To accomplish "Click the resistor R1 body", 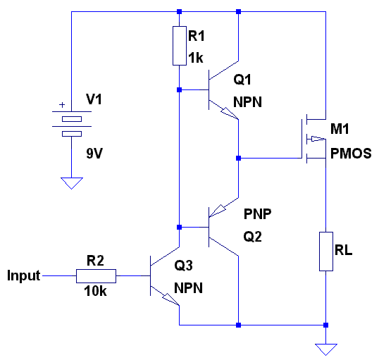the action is pos(180,46).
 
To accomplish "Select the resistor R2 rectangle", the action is pos(97,276).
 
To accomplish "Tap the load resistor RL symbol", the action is pos(326,252).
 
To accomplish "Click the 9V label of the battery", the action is pos(94,154).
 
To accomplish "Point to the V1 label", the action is pos(94,99).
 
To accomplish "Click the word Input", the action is pos(24,275).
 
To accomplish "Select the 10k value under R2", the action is pos(95,291).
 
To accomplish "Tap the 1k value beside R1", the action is pos(196,58).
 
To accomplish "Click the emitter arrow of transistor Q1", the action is pos(229,113).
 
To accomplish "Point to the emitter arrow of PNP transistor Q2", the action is pos(218,211).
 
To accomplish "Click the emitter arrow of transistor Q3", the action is pos(170,299).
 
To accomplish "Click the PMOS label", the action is pos(351,154).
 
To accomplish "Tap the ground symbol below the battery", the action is pos(72,183).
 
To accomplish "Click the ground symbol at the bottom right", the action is pos(326,349).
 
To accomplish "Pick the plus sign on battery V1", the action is pos(62,105).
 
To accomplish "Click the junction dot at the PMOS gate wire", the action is pos(239,159).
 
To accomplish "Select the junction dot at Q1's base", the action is pos(180,90).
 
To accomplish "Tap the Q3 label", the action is pos(183,266).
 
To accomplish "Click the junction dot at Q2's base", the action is pos(180,228).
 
